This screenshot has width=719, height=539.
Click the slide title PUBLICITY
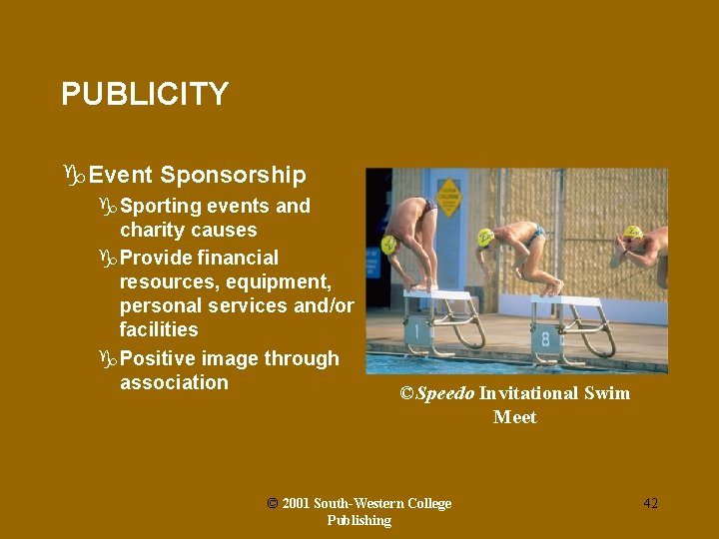(145, 95)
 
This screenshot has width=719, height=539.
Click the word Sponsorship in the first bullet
(233, 176)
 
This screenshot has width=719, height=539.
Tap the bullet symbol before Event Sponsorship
(73, 177)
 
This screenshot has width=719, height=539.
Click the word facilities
(159, 329)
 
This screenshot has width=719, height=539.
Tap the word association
(174, 382)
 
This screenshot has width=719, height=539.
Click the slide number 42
(650, 504)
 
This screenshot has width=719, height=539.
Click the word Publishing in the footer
(359, 521)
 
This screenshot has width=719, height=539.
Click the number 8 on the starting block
(546, 338)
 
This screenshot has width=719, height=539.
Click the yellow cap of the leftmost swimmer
(389, 244)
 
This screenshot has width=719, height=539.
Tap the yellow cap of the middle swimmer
(485, 237)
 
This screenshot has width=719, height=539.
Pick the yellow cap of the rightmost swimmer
(632, 233)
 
